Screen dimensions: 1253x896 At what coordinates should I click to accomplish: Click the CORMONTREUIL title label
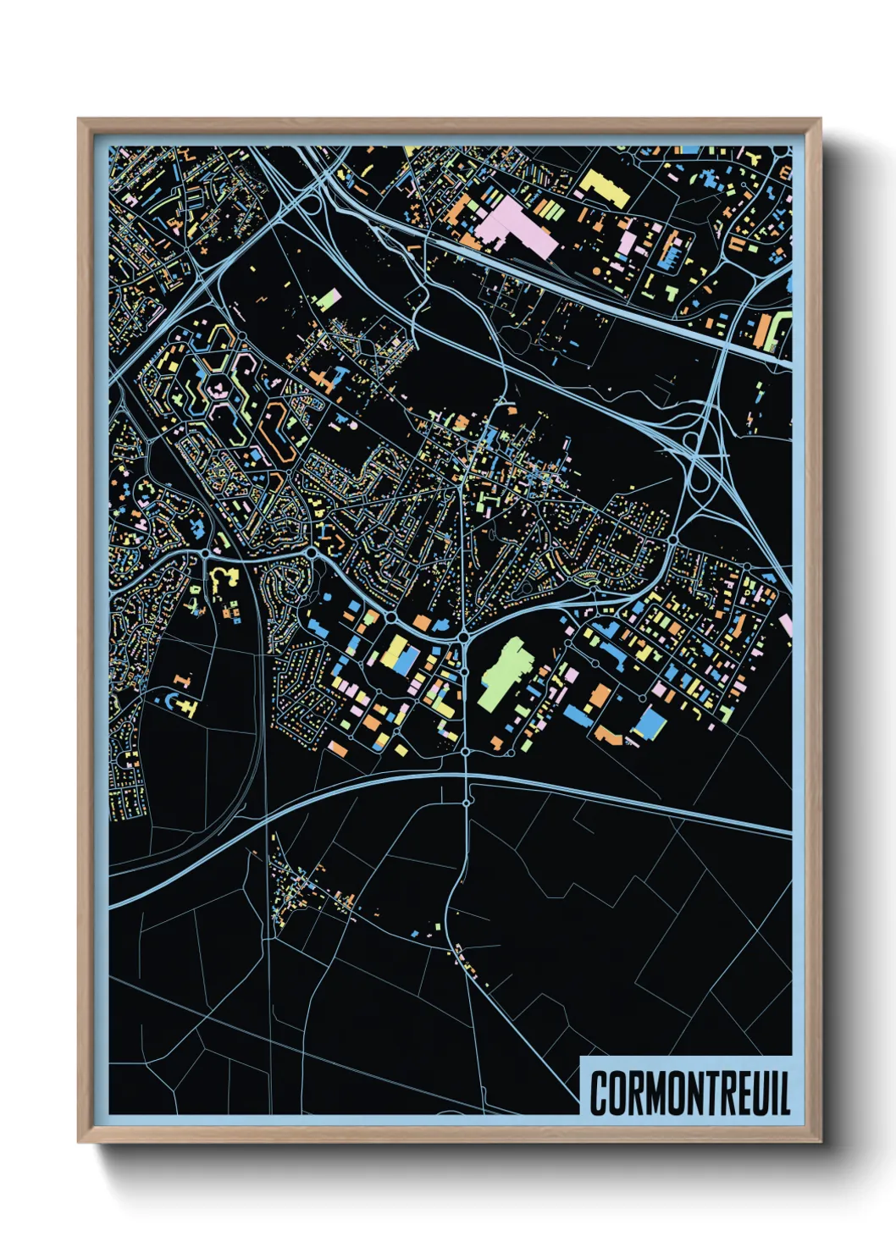[x=689, y=1093]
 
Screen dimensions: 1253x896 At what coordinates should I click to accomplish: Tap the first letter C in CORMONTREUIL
[x=599, y=1093]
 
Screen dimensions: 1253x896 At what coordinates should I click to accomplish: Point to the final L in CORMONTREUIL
[x=783, y=1093]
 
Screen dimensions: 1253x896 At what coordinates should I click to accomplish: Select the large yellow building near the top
[x=605, y=187]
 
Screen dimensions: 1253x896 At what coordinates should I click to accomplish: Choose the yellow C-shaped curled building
[x=223, y=579]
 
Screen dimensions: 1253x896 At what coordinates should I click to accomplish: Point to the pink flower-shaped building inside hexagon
[x=218, y=389]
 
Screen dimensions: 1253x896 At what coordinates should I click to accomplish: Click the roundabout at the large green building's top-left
[x=464, y=635]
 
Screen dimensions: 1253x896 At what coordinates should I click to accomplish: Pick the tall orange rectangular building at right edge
[x=773, y=330]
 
